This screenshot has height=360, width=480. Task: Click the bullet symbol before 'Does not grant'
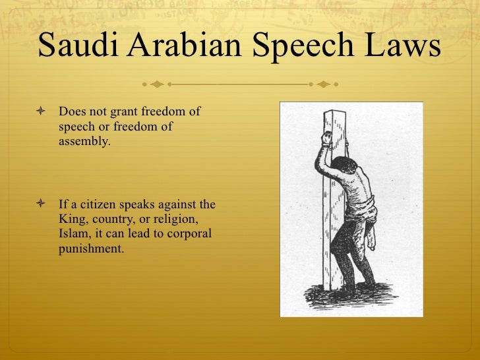[x=43, y=113]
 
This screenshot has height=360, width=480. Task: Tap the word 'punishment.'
[x=91, y=250]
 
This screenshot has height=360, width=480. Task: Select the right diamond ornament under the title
[x=323, y=84]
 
